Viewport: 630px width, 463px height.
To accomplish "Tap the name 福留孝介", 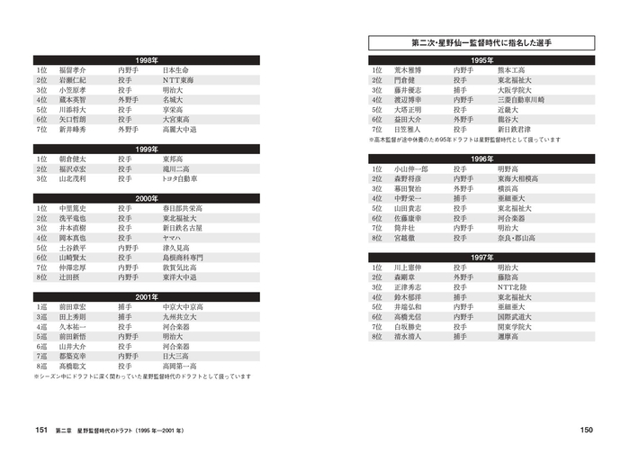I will coord(73,70).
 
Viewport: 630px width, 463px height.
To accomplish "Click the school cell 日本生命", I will coord(181,70).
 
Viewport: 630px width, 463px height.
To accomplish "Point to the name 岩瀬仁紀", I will coord(73,80).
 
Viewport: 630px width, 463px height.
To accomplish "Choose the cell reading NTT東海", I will coord(184,80).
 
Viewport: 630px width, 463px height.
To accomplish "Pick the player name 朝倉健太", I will coord(73,159).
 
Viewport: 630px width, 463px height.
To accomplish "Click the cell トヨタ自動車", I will coord(185,179).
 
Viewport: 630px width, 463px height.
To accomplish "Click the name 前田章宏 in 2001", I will coord(73,308).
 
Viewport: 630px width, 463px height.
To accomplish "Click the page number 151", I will coord(40,431).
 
